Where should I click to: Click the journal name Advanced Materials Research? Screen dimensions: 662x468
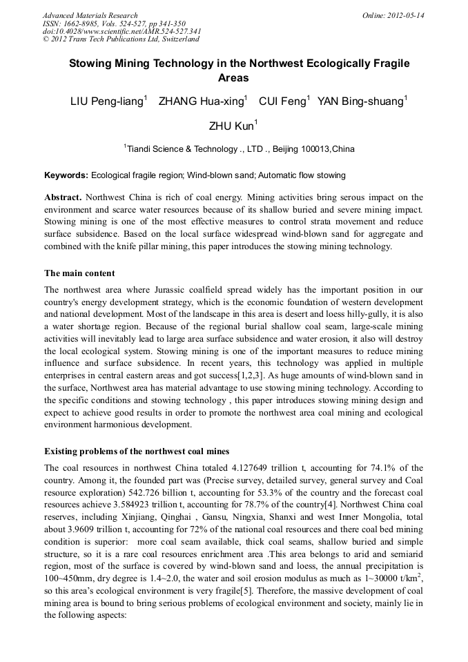tap(90, 15)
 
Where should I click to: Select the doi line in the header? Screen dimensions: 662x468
tap(121, 31)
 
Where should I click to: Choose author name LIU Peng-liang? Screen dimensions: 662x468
tap(106, 102)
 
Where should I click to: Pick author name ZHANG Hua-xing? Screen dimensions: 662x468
tap(199, 102)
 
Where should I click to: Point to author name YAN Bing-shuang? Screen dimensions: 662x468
tap(360, 102)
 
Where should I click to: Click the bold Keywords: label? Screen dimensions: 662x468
tap(66, 175)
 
